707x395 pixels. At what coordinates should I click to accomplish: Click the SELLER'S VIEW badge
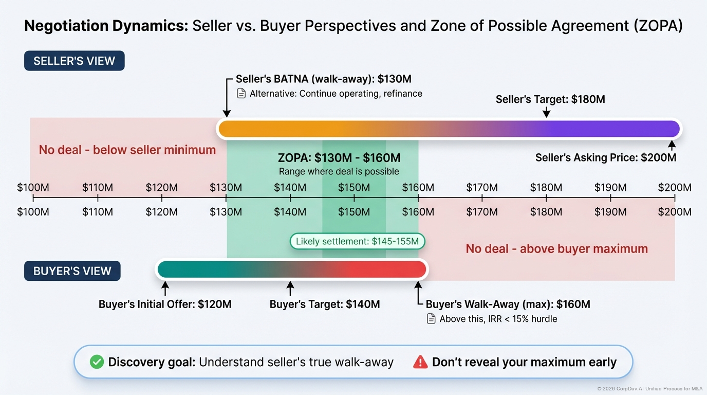coord(74,61)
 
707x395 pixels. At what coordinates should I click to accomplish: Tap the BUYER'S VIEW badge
coord(72,271)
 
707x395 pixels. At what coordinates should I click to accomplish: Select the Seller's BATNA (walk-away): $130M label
coord(323,79)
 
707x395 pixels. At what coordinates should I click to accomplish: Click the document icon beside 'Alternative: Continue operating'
coord(241,94)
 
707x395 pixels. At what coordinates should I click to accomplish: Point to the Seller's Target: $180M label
coord(550,99)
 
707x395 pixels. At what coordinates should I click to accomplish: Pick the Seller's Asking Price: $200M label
coord(606,157)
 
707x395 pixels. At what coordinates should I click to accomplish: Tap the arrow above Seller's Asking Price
coord(672,145)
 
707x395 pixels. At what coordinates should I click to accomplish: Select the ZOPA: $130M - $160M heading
coord(339,158)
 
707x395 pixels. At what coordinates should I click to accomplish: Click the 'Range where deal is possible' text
coord(339,171)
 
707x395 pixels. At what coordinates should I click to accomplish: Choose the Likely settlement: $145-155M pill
coord(357,241)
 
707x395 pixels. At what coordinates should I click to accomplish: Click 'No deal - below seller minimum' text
coord(127,150)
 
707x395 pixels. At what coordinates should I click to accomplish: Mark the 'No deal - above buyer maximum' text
coord(556,249)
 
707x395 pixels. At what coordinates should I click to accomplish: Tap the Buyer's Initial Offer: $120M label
coord(165,304)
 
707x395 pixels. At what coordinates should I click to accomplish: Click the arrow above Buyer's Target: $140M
coord(290,288)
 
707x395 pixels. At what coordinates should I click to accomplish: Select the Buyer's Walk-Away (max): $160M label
coord(508,304)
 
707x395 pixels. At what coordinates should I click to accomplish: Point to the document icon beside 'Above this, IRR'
coord(431,319)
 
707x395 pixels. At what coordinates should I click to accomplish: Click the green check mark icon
coord(97,362)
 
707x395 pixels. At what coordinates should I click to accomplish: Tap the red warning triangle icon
coord(420,362)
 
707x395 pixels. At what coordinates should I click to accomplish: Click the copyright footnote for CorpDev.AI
coord(649,389)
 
